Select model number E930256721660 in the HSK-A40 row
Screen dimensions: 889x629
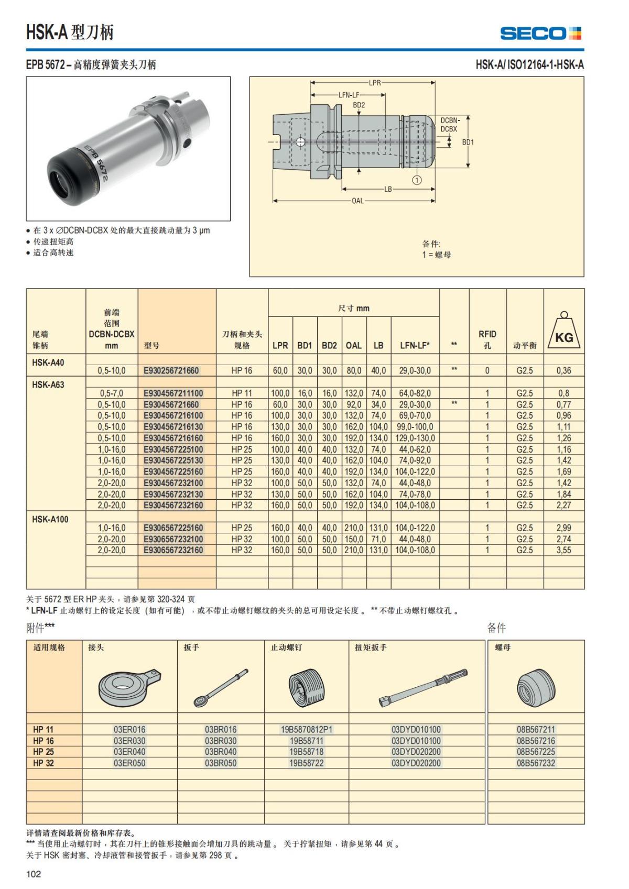(x=171, y=370)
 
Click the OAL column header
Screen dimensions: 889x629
(x=354, y=345)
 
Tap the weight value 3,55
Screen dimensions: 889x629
(x=564, y=550)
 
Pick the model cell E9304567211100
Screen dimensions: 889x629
(x=173, y=393)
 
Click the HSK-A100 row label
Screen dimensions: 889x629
(x=50, y=519)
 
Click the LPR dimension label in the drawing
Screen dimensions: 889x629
(x=375, y=83)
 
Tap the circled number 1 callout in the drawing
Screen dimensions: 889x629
(x=417, y=180)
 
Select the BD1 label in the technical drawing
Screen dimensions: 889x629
(x=468, y=142)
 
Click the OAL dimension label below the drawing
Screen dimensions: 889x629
(x=357, y=201)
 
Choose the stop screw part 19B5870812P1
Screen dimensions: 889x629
(x=307, y=729)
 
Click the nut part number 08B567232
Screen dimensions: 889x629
(x=536, y=763)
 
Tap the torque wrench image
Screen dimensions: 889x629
(x=422, y=686)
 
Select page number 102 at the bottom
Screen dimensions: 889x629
(x=34, y=874)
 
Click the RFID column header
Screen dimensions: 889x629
(x=487, y=339)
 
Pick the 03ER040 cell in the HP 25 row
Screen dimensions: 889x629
(x=129, y=752)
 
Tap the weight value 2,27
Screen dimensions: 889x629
(x=564, y=505)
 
